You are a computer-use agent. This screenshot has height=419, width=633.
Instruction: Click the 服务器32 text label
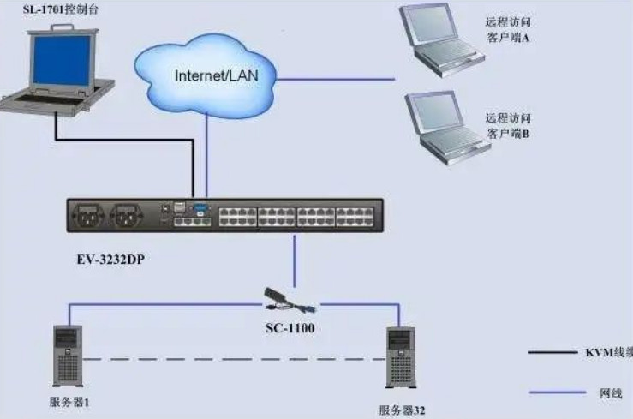(x=402, y=410)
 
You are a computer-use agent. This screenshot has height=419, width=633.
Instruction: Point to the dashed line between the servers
(x=231, y=358)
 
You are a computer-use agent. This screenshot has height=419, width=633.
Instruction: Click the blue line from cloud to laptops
(x=338, y=79)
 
